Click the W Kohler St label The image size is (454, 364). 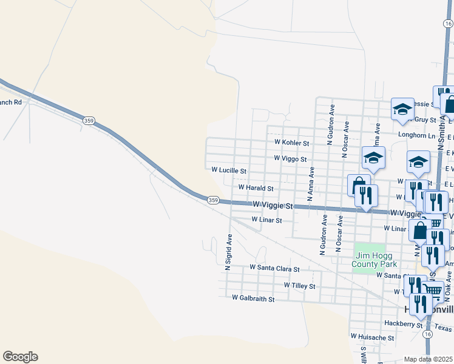(x=292, y=143)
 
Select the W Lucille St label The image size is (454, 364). (x=229, y=171)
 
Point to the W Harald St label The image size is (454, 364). (x=256, y=188)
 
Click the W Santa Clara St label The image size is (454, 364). (x=275, y=268)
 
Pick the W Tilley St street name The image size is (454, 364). (x=300, y=285)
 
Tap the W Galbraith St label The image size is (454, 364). (x=254, y=298)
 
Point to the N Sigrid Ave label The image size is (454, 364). (x=229, y=252)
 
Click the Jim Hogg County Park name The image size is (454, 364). (x=376, y=260)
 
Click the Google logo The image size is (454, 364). (x=20, y=357)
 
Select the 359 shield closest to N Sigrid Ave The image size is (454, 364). (x=213, y=200)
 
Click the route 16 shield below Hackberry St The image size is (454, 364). (x=429, y=334)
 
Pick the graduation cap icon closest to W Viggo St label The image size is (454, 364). (x=373, y=158)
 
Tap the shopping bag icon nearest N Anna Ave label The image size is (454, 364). (x=359, y=184)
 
